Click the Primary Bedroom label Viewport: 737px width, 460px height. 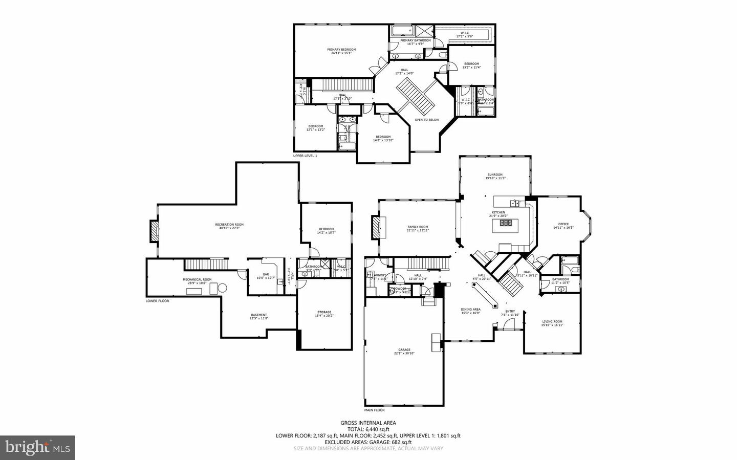[341, 50]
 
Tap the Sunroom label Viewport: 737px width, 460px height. [494, 174]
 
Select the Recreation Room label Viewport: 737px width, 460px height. [229, 225]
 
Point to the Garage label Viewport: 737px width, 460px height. [404, 350]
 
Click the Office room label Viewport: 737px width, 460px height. [563, 224]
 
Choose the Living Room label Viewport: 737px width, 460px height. [552, 322]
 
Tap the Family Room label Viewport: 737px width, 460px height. [418, 227]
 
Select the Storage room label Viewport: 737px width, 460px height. [324, 312]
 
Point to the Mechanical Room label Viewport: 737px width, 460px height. [197, 279]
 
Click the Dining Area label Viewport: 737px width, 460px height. [470, 309]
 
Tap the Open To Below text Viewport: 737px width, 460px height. [427, 120]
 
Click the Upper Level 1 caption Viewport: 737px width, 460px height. [305, 156]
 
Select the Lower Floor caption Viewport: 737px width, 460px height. [157, 301]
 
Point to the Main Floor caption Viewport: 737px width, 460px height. [375, 410]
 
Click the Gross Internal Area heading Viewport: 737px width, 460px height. [368, 423]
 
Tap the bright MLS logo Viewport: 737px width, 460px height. [37, 448]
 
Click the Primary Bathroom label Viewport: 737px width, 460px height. [415, 40]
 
